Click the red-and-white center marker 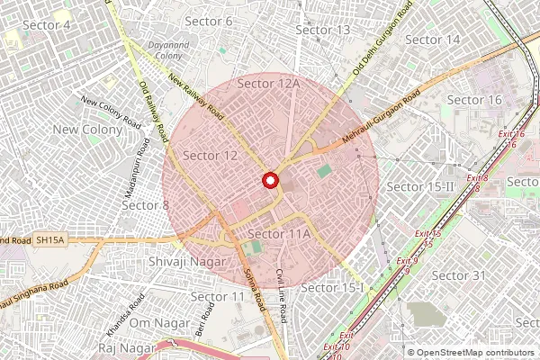click(x=269, y=181)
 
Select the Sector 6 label click(x=208, y=21)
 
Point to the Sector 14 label click(x=433, y=40)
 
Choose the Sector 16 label click(x=474, y=100)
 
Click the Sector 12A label click(x=268, y=84)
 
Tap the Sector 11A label click(x=278, y=234)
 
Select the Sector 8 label click(x=145, y=205)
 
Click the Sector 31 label click(x=458, y=274)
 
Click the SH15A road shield click(x=50, y=241)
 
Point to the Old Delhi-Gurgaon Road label click(x=384, y=37)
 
